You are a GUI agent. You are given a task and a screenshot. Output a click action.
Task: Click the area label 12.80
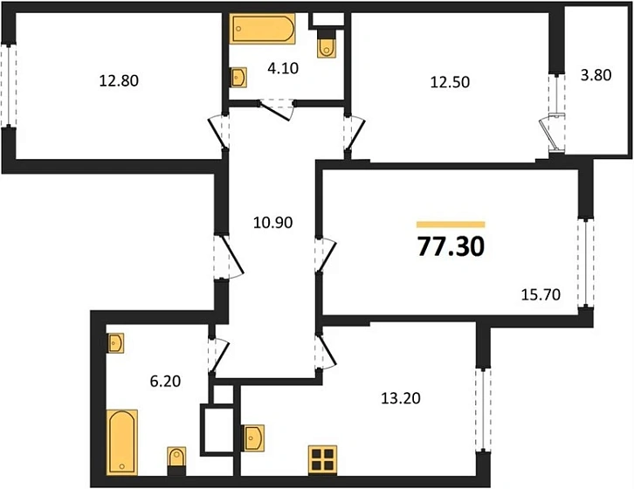point(120,81)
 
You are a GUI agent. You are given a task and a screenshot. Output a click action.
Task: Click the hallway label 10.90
point(271,223)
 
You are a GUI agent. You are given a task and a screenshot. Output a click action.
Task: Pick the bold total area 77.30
point(451,247)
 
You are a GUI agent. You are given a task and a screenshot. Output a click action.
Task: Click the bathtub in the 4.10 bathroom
point(262,29)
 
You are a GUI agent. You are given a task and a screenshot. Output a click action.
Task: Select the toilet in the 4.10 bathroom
point(327,45)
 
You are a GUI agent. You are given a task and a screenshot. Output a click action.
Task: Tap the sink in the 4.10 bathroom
point(238,78)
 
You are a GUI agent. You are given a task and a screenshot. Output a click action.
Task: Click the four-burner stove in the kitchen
point(322,461)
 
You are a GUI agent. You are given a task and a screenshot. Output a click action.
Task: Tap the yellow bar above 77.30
point(451,224)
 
